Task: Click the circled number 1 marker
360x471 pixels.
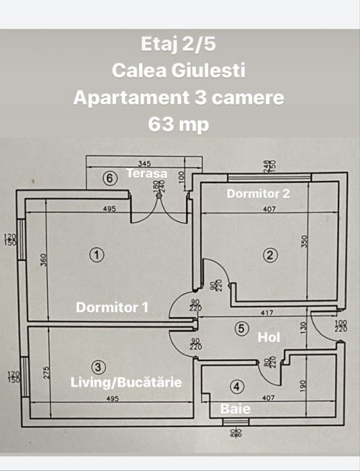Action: click(x=98, y=255)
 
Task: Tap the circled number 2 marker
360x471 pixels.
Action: click(x=270, y=255)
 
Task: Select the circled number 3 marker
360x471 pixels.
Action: click(x=98, y=367)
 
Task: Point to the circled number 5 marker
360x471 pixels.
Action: click(x=242, y=329)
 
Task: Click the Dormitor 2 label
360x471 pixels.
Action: click(x=258, y=193)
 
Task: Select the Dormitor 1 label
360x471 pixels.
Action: click(x=112, y=307)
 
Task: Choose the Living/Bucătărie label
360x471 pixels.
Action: click(x=127, y=382)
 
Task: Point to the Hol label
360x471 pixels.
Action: click(x=269, y=337)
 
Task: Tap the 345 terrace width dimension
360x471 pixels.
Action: click(x=144, y=164)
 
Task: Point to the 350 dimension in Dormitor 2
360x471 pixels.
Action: click(x=305, y=241)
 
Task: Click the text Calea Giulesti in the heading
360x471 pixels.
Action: click(x=178, y=71)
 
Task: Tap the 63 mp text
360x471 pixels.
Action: click(x=178, y=124)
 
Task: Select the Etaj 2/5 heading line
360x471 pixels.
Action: click(x=178, y=44)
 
